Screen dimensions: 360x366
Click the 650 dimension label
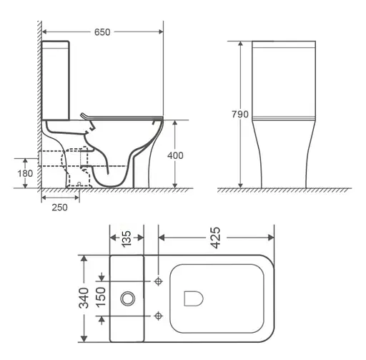(102, 31)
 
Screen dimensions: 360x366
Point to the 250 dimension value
(59, 208)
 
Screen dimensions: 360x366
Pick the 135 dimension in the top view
(127, 238)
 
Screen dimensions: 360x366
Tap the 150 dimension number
(102, 297)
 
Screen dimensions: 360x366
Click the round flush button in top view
(129, 298)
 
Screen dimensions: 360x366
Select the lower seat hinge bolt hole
(158, 313)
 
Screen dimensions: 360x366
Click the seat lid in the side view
(122, 117)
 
